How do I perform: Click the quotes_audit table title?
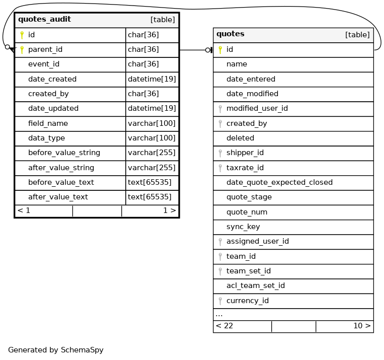pyautogui.click(x=44, y=20)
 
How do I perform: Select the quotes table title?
pyautogui.click(x=230, y=34)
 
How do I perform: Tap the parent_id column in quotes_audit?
pyautogui.click(x=45, y=49)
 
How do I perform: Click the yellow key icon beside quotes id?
pyautogui.click(x=220, y=49)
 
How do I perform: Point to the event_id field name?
pyautogui.click(x=44, y=64)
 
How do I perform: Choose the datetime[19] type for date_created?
pyautogui.click(x=151, y=79)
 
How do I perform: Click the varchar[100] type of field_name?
pyautogui.click(x=151, y=123)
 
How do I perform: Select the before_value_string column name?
pyautogui.click(x=64, y=153)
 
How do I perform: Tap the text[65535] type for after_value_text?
pyautogui.click(x=149, y=197)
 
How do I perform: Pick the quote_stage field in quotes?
pyautogui.click(x=249, y=197)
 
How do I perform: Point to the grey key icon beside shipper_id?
pyautogui.click(x=220, y=153)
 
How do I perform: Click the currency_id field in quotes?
pyautogui.click(x=247, y=301)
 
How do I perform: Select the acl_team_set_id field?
pyautogui.click(x=255, y=285)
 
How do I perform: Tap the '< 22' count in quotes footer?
pyautogui.click(x=224, y=326)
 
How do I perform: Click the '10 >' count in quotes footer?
pyautogui.click(x=362, y=326)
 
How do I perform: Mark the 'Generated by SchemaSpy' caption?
pyautogui.click(x=55, y=349)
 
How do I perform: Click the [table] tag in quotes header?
pyautogui.click(x=357, y=35)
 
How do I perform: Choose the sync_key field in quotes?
pyautogui.click(x=243, y=227)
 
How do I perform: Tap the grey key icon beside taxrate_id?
pyautogui.click(x=220, y=168)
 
